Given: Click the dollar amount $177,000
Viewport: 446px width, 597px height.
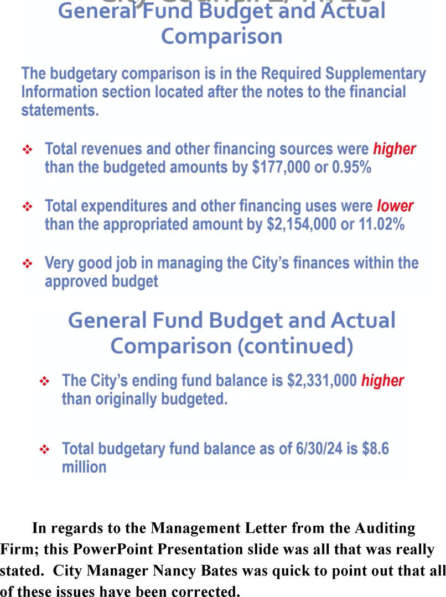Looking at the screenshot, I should [x=281, y=167].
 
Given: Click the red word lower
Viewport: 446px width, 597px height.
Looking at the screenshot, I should [x=395, y=206].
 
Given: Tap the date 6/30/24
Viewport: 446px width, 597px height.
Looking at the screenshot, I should [x=310, y=448].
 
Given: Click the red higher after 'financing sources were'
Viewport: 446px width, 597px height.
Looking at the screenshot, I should [x=394, y=149].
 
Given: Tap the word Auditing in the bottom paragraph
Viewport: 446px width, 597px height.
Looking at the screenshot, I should [x=382, y=528].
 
